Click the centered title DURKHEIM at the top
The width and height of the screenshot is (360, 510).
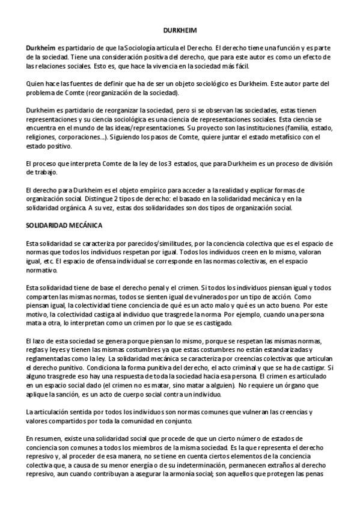click(180, 29)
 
